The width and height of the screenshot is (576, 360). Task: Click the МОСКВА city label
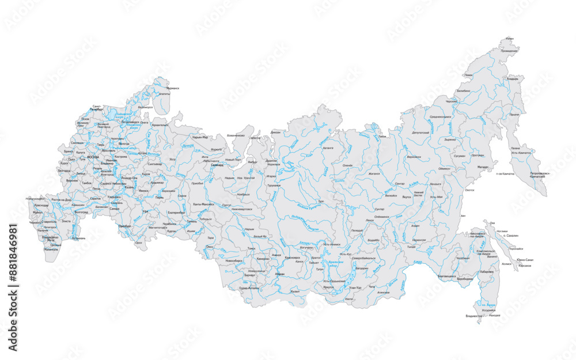pos(93,157)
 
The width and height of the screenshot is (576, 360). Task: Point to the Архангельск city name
pos(160,124)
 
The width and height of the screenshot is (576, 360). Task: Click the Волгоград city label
pos(82,212)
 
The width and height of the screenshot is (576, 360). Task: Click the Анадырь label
pos(512,79)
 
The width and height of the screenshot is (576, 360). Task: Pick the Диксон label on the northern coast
pos(275,132)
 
